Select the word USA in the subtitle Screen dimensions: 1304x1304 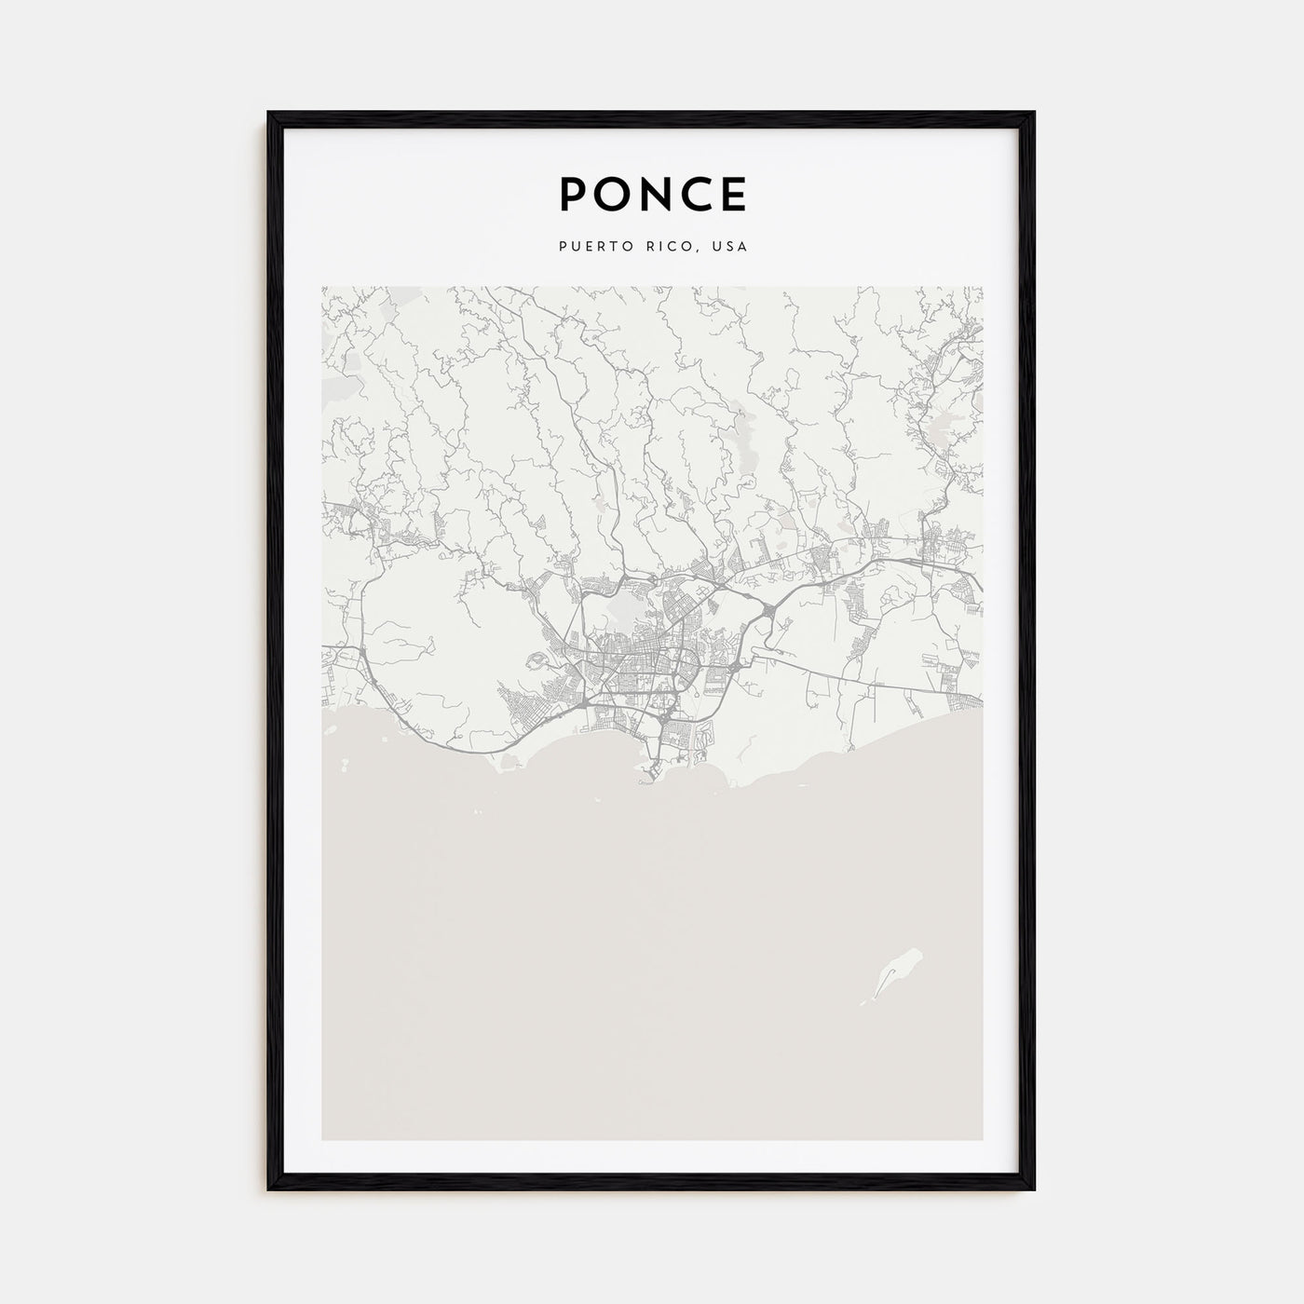click(x=731, y=248)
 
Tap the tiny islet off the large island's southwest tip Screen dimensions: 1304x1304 click(x=863, y=1002)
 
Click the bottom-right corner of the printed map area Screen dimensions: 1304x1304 click(x=982, y=1139)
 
